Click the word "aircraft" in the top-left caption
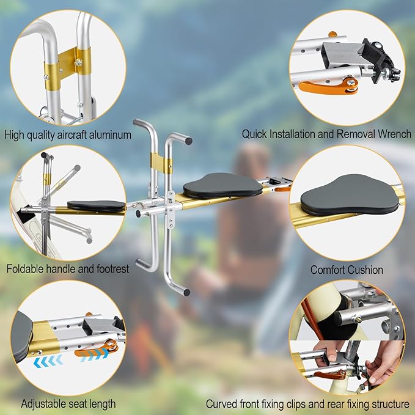72,134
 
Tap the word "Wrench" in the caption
394,134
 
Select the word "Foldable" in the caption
25,269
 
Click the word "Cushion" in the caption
365,270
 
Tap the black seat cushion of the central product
223,186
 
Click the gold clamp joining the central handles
161,163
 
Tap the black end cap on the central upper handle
188,141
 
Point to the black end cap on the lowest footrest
186,292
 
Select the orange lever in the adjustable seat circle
97,348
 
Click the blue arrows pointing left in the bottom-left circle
48,361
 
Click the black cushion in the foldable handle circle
96,206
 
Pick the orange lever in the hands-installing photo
330,374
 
